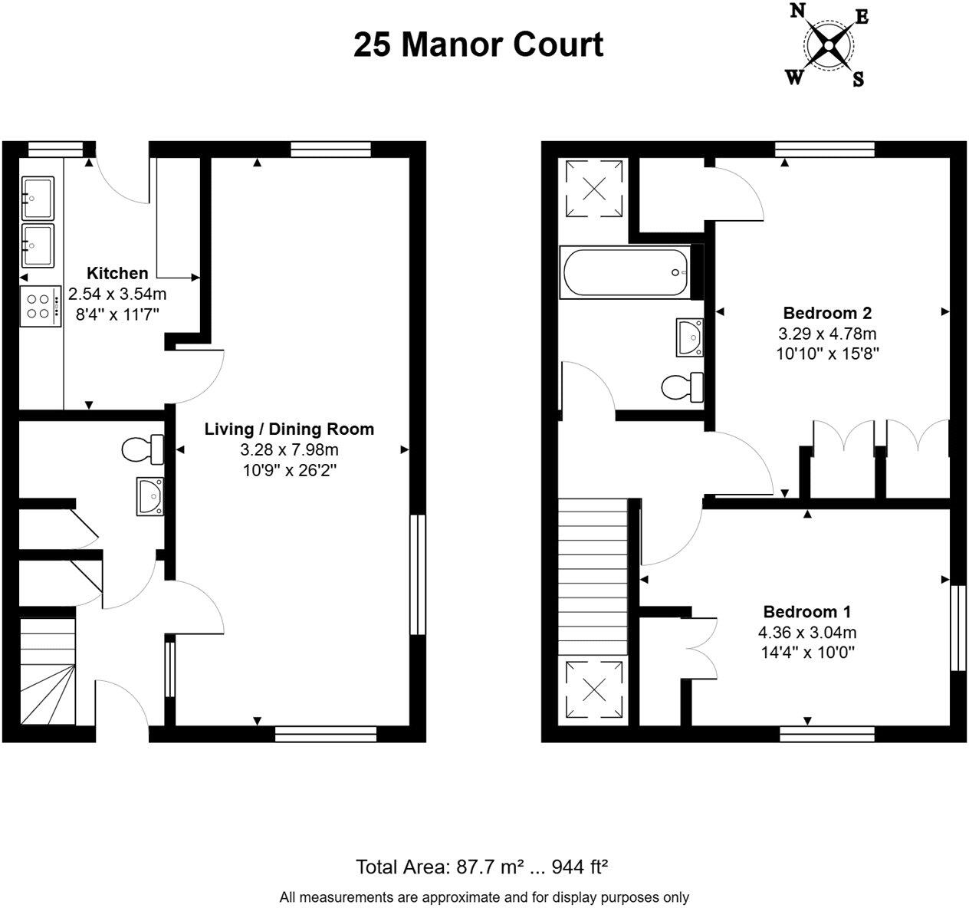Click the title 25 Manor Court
478,44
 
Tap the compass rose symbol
829,45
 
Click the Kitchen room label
117,273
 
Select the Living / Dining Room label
289,429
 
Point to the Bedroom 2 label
827,313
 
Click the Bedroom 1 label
806,612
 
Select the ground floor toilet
143,449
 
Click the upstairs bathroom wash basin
691,337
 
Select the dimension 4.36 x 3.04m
806,633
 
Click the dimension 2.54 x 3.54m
117,294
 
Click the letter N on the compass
797,11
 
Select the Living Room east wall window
416,574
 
